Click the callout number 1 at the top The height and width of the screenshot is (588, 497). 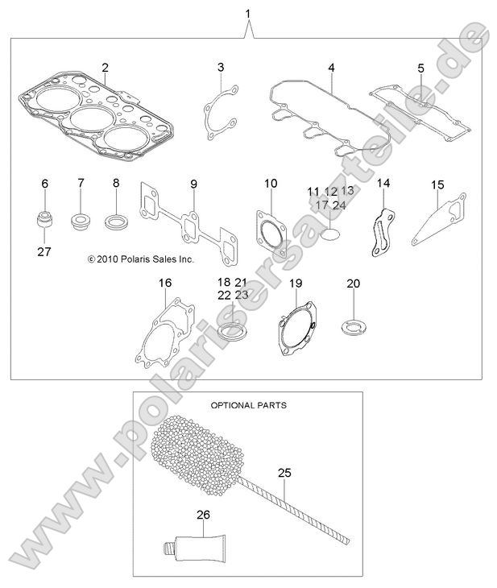pyautogui.click(x=248, y=13)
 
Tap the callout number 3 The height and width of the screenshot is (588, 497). pyautogui.click(x=220, y=66)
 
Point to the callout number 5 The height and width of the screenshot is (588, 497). pyautogui.click(x=420, y=68)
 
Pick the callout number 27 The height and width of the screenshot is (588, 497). pyautogui.click(x=44, y=251)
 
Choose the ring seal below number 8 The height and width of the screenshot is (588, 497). pyautogui.click(x=116, y=221)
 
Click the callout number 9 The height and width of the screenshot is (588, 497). pyautogui.click(x=194, y=184)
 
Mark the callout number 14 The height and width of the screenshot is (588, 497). pyautogui.click(x=383, y=184)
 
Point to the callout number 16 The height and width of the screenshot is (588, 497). pyautogui.click(x=165, y=283)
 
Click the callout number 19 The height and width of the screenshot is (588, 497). pyautogui.click(x=296, y=283)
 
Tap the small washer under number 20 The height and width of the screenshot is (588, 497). pyautogui.click(x=352, y=328)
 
